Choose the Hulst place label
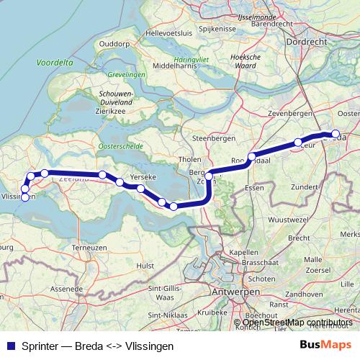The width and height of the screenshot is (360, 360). click(x=145, y=266)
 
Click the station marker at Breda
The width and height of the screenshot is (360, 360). click(x=335, y=133)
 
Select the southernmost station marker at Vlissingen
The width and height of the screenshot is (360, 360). click(x=25, y=197)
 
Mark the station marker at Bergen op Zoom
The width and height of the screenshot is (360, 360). click(x=209, y=176)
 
